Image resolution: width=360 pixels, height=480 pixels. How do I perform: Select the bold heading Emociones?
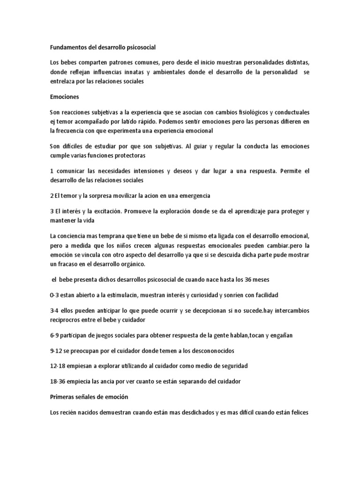coord(64,97)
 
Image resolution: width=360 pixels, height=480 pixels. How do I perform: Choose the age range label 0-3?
coord(54,296)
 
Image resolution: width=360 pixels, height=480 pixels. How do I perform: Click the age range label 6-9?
coord(54,336)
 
